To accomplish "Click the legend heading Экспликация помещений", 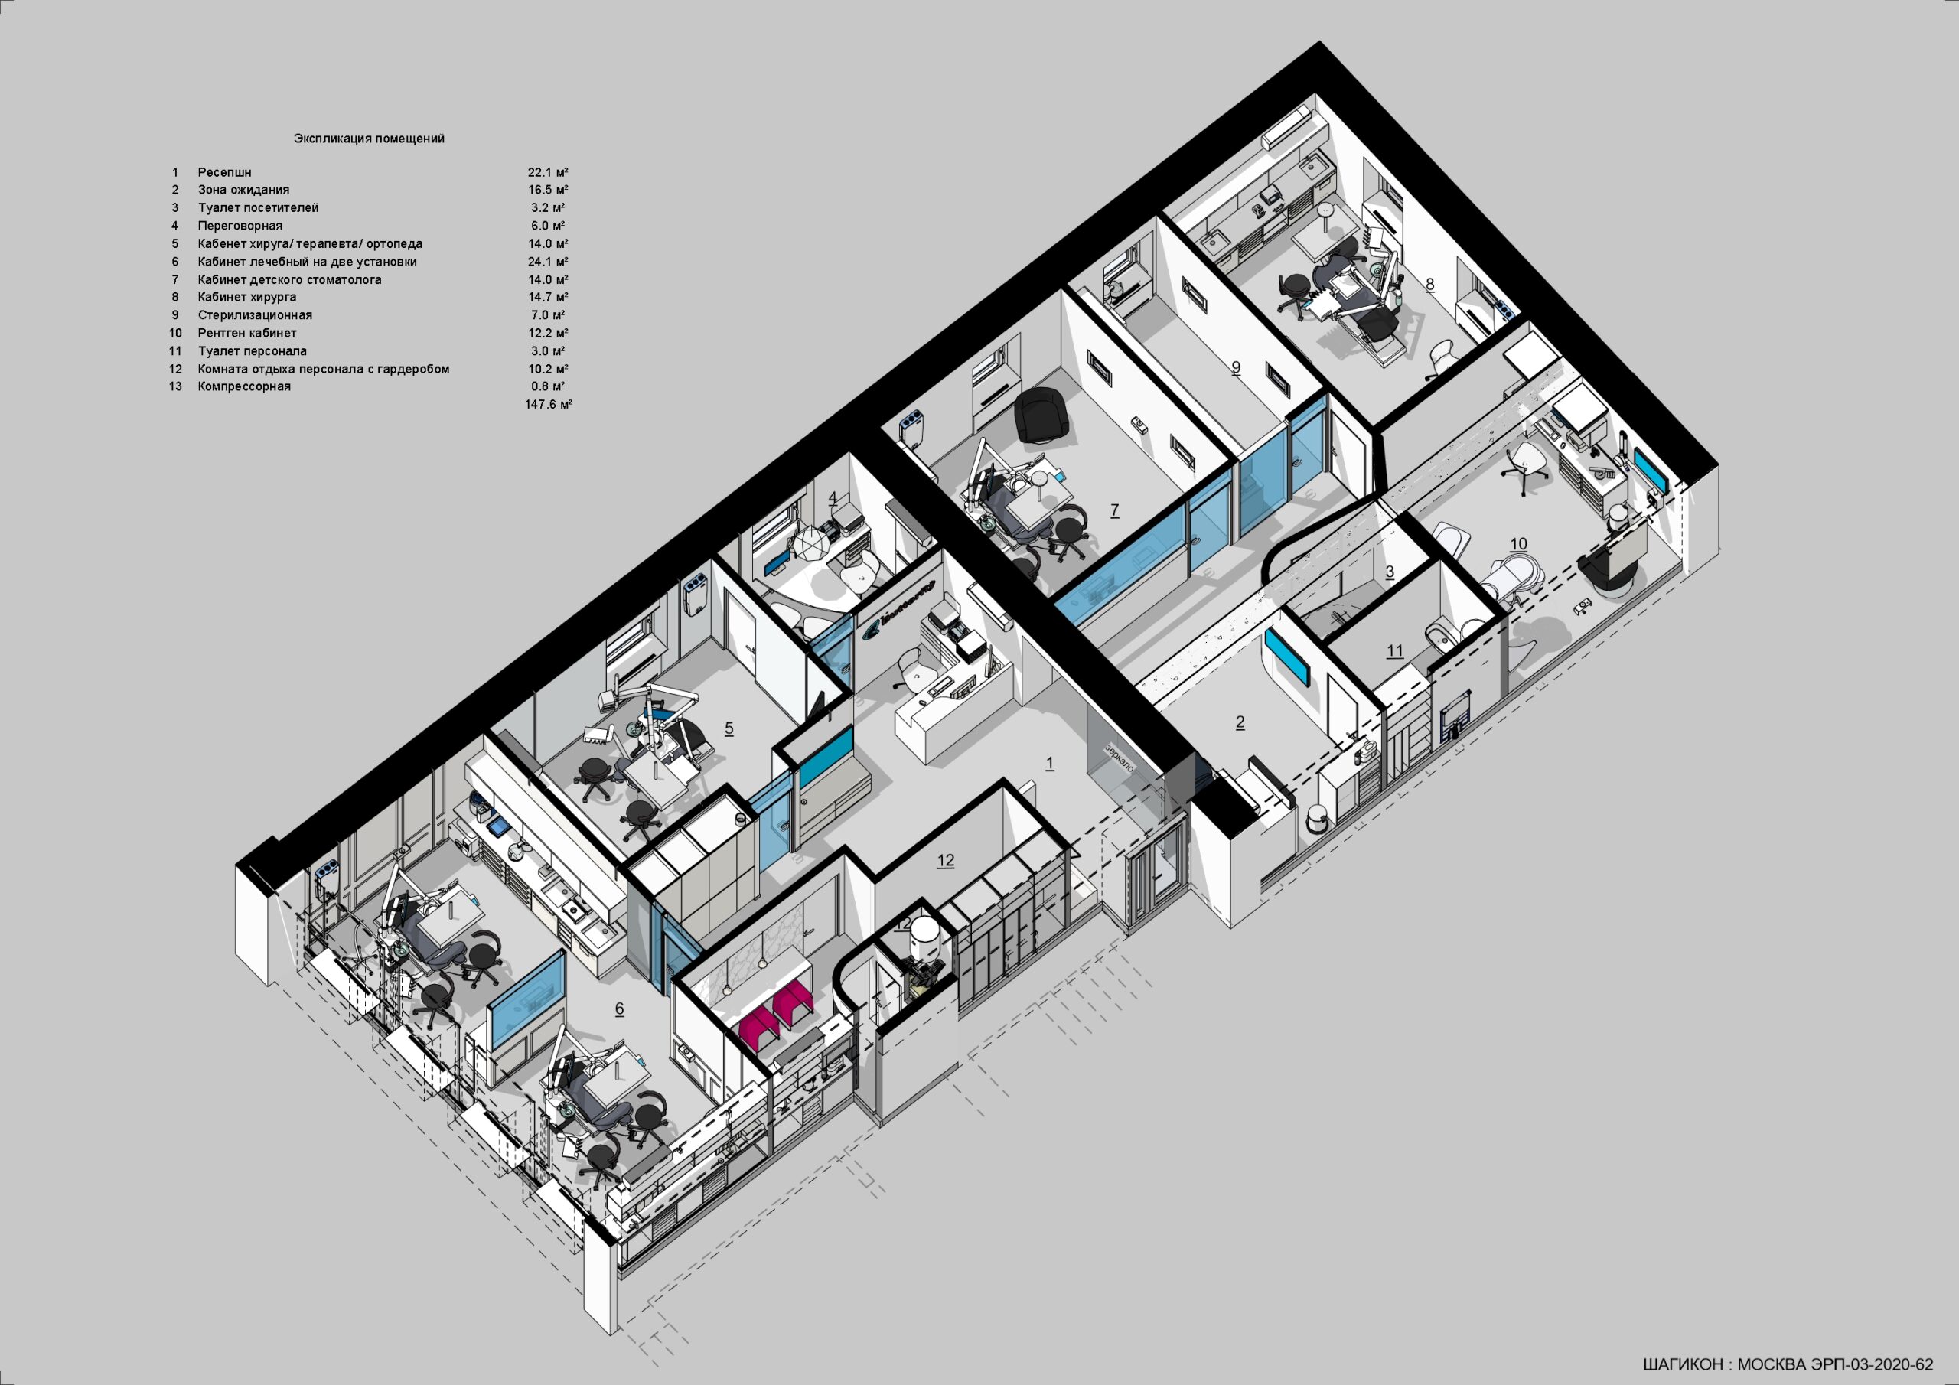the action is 369,138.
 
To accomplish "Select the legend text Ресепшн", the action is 224,172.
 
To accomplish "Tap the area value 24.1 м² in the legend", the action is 548,262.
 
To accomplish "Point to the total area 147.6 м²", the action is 549,405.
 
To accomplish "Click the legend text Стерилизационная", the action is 255,315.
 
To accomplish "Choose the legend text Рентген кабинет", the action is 247,333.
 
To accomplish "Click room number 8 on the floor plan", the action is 1430,284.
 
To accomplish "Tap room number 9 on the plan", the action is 1235,368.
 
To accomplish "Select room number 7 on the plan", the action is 1114,510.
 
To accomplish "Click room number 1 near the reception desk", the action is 1049,764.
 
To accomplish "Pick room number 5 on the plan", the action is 729,728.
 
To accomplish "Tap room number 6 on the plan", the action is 619,1009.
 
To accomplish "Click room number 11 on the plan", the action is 1394,652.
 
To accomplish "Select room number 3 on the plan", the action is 1390,572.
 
